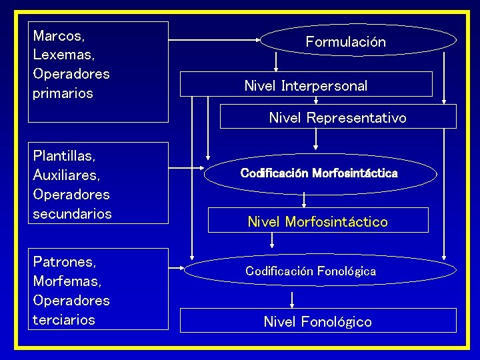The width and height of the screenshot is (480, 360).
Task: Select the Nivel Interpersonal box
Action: click(306, 85)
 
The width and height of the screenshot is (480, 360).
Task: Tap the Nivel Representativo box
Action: click(337, 117)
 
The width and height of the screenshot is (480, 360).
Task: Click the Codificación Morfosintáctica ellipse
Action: click(319, 173)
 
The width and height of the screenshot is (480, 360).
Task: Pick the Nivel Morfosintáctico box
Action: click(317, 221)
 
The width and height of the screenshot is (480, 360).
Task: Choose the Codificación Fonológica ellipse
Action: click(311, 271)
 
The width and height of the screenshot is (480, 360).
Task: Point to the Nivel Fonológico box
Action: click(318, 321)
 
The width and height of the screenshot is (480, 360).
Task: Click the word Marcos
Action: click(59, 35)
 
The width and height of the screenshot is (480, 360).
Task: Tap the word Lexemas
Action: click(63, 54)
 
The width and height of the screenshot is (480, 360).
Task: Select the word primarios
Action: click(63, 93)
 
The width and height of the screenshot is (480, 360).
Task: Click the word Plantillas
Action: click(64, 156)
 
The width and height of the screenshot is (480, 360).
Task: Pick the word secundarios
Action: click(72, 214)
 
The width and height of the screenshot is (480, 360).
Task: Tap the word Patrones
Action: click(64, 262)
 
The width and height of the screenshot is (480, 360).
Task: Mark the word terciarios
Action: click(64, 320)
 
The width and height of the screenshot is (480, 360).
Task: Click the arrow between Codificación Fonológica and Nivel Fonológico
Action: click(292, 297)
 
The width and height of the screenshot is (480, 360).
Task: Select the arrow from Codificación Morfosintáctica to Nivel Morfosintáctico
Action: click(304, 199)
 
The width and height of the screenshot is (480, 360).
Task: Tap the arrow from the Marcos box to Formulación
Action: click(213, 41)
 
